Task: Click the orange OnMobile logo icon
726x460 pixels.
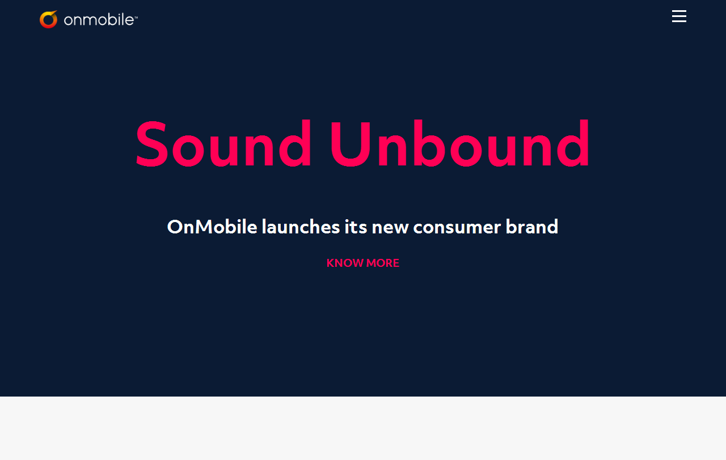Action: (49, 19)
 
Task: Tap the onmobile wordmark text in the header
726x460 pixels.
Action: (99, 20)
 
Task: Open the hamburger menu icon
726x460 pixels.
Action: (679, 16)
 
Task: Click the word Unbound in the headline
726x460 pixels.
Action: (459, 143)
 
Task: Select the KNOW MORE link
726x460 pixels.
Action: (362, 263)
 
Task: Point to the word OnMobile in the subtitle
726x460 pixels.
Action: (212, 227)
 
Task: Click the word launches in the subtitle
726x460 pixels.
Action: (301, 227)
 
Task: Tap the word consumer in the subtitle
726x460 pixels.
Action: (457, 227)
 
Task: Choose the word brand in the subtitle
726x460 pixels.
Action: (532, 227)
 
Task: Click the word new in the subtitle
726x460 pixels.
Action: (390, 228)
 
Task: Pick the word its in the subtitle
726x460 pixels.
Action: (356, 227)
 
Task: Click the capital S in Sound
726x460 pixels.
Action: (152, 144)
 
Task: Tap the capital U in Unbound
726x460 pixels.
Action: (350, 144)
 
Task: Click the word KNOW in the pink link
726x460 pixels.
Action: (345, 263)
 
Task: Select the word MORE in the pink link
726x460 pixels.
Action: (383, 263)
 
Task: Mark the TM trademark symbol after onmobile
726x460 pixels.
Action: (136, 17)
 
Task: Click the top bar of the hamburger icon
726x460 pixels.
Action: (679, 11)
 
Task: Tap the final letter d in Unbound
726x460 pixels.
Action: (573, 143)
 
